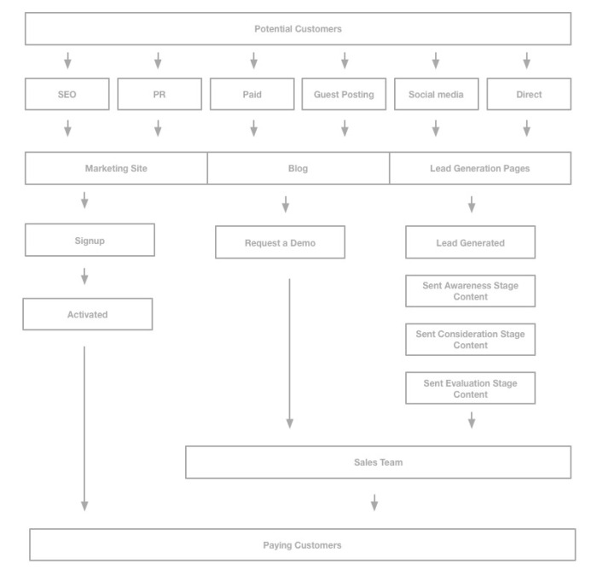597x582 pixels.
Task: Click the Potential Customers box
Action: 298,29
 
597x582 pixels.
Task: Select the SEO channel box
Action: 67,95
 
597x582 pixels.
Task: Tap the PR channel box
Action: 159,95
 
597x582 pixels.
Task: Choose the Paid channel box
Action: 252,95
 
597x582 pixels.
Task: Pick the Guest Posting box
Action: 344,95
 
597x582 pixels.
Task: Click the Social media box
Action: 436,95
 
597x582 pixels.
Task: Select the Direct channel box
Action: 529,95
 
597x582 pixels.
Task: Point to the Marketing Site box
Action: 116,168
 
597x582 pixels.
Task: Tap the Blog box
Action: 298,168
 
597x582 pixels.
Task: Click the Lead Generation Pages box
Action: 480,168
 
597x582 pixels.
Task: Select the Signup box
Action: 90,241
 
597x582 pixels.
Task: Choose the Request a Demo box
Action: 280,242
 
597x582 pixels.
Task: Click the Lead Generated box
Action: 470,242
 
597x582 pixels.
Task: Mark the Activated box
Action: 88,314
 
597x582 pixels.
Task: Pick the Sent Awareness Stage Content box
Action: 470,291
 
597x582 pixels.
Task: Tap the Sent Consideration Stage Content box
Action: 470,340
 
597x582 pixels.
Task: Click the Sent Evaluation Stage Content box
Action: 470,388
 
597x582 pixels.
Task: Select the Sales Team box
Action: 378,463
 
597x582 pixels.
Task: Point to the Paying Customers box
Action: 302,544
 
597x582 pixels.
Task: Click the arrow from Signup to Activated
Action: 84,276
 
